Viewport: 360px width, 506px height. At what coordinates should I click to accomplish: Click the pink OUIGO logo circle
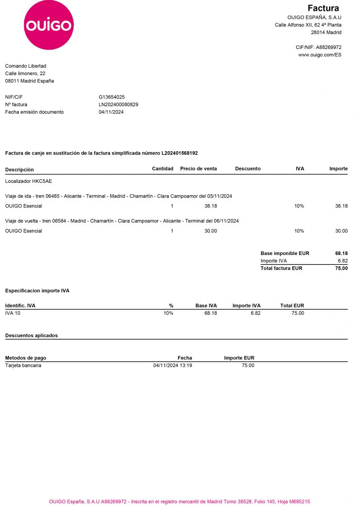(x=48, y=25)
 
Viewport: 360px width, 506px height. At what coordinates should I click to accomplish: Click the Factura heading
(x=323, y=8)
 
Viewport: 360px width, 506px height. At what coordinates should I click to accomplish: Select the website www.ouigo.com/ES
(x=319, y=55)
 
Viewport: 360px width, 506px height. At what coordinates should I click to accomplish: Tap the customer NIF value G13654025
(x=112, y=97)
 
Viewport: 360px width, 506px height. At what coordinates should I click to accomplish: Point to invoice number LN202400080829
(x=119, y=104)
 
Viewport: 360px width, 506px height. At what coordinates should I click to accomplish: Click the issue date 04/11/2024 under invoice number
(x=111, y=112)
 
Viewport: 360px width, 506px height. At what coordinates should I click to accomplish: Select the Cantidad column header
(x=163, y=169)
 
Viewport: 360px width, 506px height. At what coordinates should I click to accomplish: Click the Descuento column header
(x=248, y=169)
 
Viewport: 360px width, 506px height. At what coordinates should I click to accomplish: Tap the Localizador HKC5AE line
(x=28, y=181)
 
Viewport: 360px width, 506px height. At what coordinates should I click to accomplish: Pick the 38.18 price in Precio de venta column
(x=211, y=206)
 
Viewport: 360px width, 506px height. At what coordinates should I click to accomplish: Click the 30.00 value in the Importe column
(x=341, y=231)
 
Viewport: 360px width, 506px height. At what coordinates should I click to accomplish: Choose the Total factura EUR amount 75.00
(x=341, y=268)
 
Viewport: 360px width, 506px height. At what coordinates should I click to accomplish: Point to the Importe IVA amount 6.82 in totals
(x=342, y=260)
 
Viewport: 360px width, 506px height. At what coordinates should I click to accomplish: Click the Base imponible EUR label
(x=284, y=253)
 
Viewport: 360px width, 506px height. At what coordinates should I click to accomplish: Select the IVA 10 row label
(x=13, y=313)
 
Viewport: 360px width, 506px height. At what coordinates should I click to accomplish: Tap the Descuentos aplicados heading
(x=31, y=335)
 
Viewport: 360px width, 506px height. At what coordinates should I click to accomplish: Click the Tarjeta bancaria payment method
(x=23, y=365)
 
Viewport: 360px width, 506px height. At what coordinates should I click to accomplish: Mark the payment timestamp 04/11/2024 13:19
(x=173, y=365)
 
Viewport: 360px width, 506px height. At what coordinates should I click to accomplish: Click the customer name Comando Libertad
(x=26, y=66)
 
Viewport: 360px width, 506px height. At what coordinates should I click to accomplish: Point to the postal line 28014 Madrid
(x=326, y=32)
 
